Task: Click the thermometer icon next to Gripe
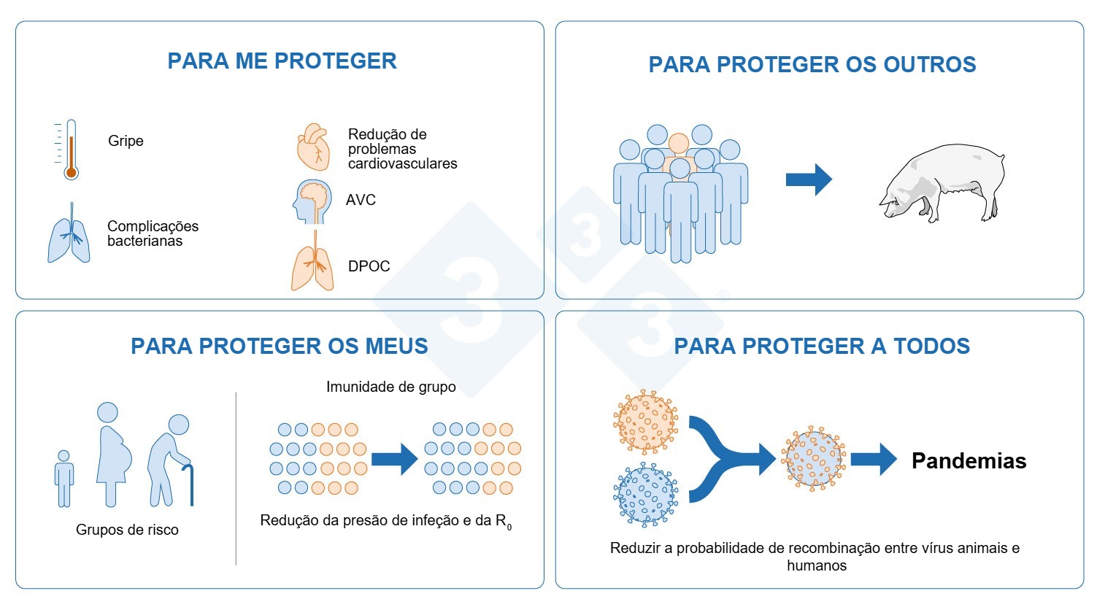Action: (69, 150)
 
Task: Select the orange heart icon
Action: (314, 147)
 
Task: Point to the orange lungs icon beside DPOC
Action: (314, 264)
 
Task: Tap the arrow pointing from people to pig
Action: (808, 179)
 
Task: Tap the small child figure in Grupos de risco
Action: (64, 478)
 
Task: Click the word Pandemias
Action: (969, 460)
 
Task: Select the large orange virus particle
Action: (645, 422)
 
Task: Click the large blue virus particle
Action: (645, 495)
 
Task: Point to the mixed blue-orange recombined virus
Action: (813, 459)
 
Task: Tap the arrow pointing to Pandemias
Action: (873, 460)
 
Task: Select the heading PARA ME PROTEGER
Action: (282, 61)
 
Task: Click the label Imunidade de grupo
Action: (390, 387)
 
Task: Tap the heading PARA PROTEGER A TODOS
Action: (822, 346)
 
